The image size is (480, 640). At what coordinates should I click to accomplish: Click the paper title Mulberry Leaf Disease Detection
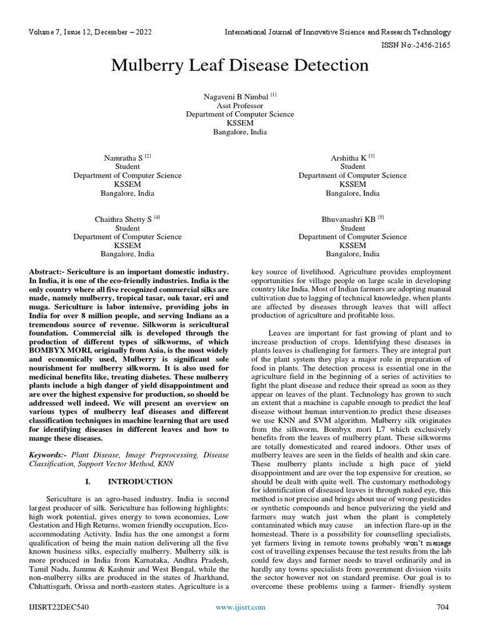click(239, 66)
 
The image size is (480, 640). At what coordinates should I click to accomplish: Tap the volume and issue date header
click(90, 32)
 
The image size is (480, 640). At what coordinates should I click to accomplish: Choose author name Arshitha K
click(349, 159)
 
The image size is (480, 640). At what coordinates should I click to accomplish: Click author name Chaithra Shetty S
click(123, 220)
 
